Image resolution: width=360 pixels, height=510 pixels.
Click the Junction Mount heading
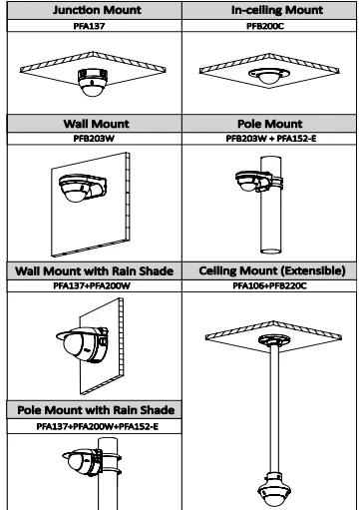click(x=97, y=10)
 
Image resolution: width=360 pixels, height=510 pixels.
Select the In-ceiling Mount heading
click(x=277, y=10)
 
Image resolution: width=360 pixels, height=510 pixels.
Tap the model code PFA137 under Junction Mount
click(x=89, y=26)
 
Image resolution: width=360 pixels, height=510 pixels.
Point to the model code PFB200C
click(x=265, y=26)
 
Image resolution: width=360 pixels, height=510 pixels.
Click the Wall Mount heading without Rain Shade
click(x=96, y=124)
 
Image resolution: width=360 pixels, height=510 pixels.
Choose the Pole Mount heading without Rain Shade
click(x=270, y=124)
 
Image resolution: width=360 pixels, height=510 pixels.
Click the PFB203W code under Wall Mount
click(x=94, y=139)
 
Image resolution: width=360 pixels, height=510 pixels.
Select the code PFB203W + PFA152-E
click(x=271, y=139)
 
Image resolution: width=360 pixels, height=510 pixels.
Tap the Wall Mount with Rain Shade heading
click(x=95, y=270)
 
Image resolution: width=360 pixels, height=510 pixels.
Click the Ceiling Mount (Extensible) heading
click(x=272, y=270)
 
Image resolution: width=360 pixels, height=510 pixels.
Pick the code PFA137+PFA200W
click(x=92, y=285)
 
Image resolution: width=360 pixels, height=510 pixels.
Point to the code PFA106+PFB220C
click(x=269, y=285)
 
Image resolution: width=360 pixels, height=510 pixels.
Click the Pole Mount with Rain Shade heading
click(x=96, y=410)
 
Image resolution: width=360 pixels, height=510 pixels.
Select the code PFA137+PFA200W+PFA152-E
click(x=98, y=426)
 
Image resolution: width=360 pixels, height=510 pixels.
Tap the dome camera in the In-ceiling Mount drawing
click(x=269, y=76)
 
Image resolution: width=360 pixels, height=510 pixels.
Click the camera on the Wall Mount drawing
click(x=83, y=188)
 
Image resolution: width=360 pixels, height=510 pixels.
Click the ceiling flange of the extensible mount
click(x=274, y=340)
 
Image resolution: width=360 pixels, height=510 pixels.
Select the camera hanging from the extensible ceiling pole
click(x=274, y=490)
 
